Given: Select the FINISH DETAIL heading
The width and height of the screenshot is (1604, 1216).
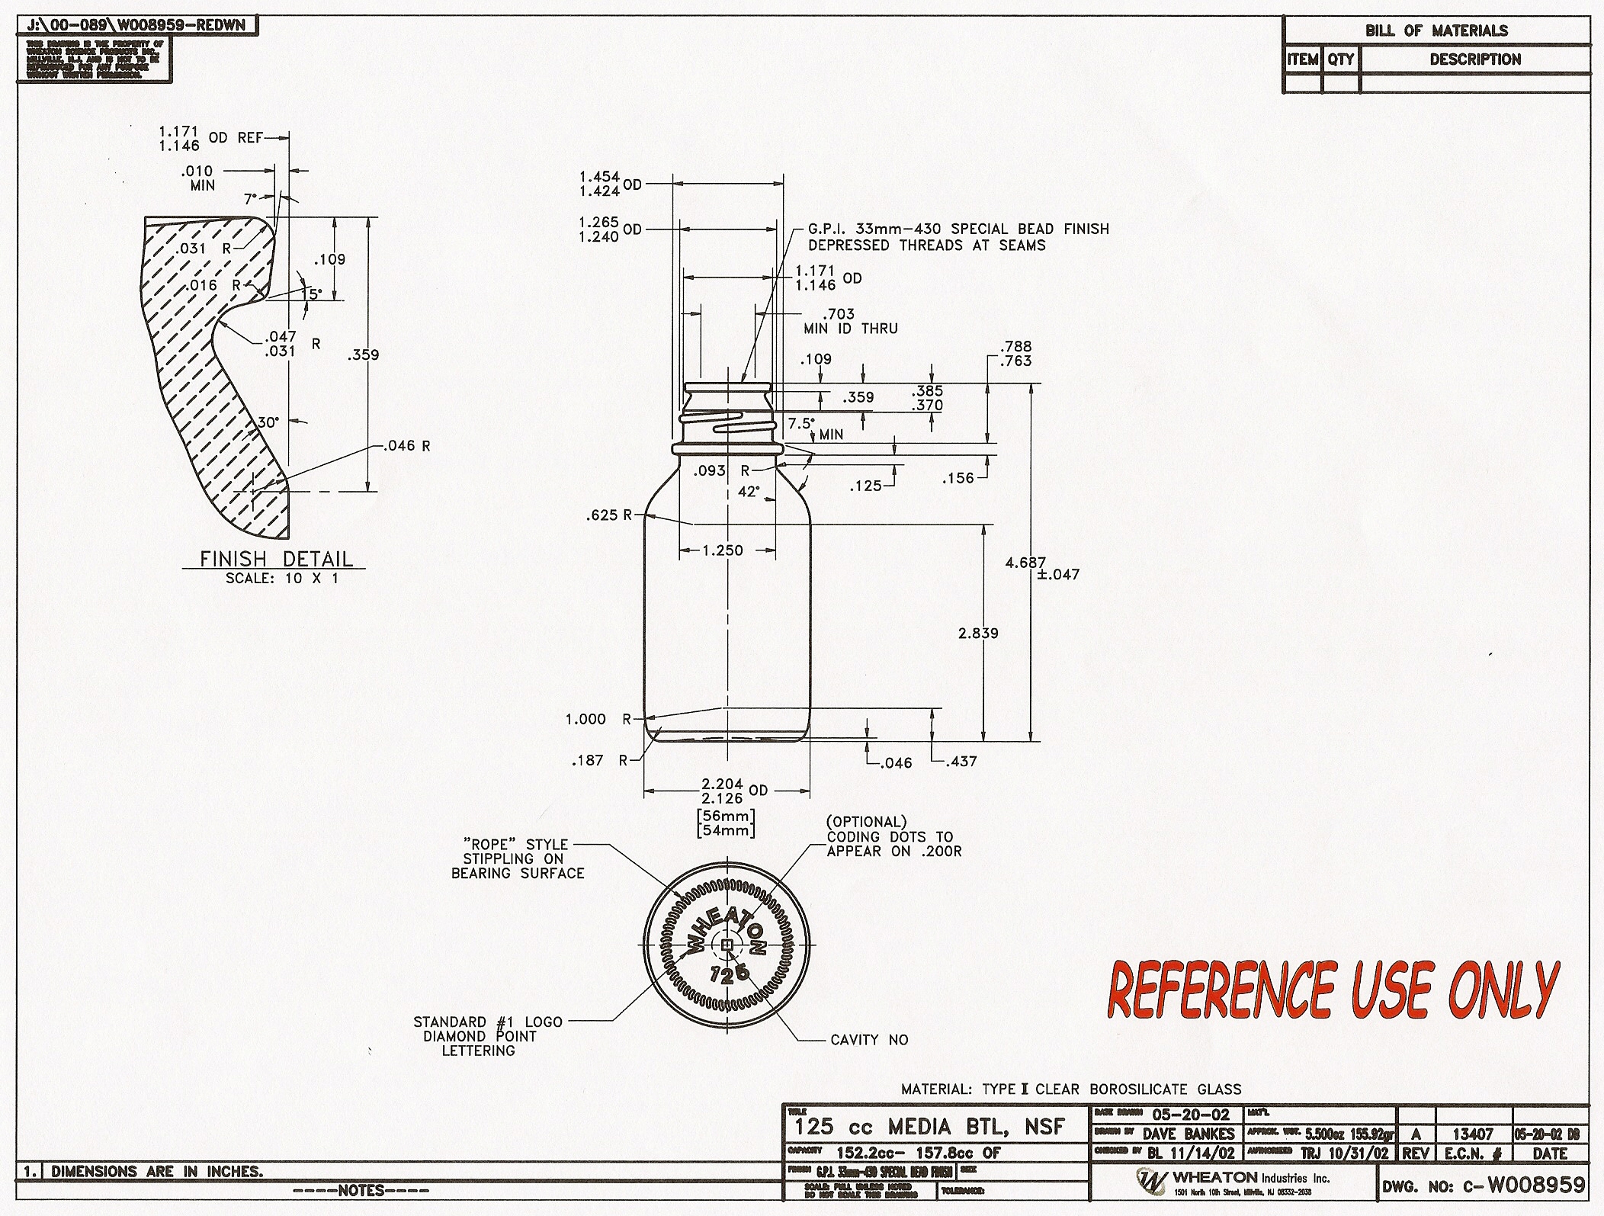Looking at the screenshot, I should click(x=276, y=559).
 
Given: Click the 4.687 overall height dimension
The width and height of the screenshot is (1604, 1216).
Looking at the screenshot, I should click(x=1025, y=563).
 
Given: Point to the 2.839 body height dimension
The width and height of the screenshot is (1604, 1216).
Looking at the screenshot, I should click(x=978, y=633).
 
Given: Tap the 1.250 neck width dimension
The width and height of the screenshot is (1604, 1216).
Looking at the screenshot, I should click(x=722, y=550).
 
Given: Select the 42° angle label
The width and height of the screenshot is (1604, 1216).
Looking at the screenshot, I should click(x=749, y=492).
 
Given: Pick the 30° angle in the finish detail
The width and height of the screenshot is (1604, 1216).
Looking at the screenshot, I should click(x=268, y=422).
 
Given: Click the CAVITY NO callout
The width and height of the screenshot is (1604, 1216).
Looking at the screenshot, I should click(x=869, y=1040).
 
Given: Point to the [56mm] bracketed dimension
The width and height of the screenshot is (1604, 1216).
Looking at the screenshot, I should click(x=726, y=815).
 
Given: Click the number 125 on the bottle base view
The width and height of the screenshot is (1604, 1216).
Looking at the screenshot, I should click(x=730, y=974).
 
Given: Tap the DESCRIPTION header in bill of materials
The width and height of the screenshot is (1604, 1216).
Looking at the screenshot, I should click(x=1474, y=59).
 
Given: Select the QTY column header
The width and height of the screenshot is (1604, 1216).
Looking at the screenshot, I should click(x=1340, y=59).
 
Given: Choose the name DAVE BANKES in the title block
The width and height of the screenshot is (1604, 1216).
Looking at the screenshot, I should click(x=1188, y=1134).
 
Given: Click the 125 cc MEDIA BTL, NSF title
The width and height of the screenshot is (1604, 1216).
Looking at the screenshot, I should click(x=929, y=1127).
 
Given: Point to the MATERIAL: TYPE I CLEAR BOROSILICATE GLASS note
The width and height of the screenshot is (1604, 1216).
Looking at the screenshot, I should click(x=1070, y=1089).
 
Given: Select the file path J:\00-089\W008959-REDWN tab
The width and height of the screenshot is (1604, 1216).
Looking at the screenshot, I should click(x=137, y=25).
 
